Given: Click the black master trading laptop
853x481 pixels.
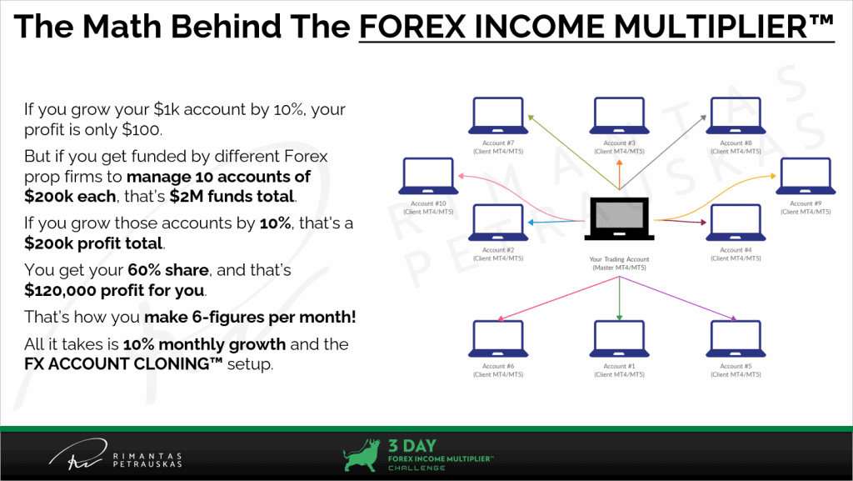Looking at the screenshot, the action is click(619, 218).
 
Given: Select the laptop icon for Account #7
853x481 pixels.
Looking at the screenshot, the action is click(498, 116).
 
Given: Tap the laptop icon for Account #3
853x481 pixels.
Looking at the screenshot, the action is click(619, 116).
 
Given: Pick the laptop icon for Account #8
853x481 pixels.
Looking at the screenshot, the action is click(736, 116).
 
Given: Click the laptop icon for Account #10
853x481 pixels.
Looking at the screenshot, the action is click(428, 176).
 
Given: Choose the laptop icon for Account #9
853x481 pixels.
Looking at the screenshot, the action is click(806, 176).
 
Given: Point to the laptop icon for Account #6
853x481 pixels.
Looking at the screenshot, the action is click(498, 339).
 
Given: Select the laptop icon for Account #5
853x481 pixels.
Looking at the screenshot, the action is click(736, 339).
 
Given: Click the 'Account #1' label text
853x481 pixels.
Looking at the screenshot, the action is click(619, 366).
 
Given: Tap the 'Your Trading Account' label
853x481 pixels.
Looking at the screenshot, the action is click(619, 259).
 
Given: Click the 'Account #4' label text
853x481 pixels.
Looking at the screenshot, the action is click(736, 250).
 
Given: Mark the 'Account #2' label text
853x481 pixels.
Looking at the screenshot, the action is click(498, 250).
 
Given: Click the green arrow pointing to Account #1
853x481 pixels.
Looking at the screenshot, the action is click(619, 298).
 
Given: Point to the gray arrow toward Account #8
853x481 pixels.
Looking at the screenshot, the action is click(663, 153).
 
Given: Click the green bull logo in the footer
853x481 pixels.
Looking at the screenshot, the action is click(362, 455).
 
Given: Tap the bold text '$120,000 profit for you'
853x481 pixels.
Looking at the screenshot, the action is click(114, 291).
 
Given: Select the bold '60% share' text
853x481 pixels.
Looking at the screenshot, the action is click(168, 270).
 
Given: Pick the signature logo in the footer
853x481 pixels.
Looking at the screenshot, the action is click(77, 454).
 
